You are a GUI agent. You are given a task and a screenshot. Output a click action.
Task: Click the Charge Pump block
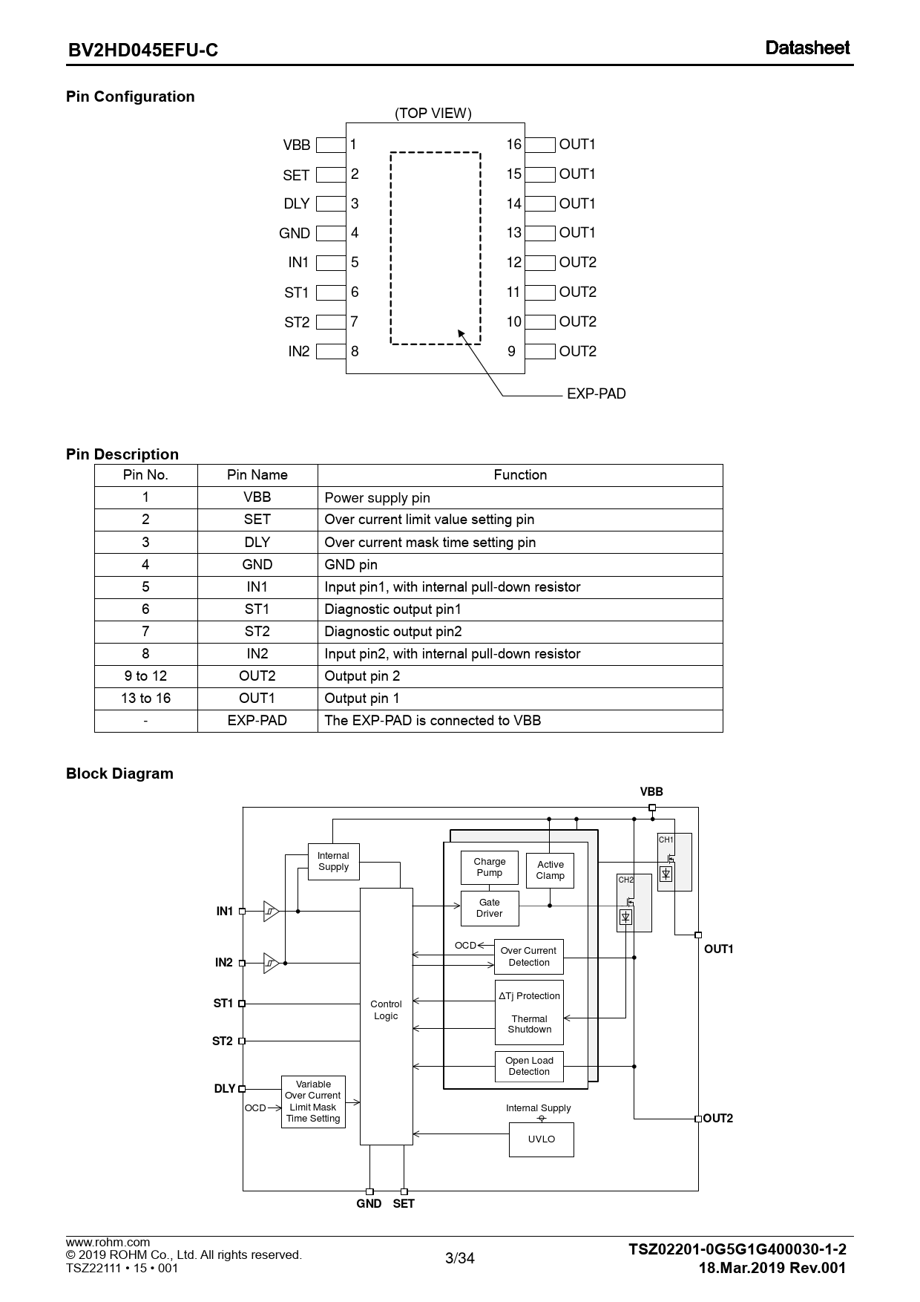(x=490, y=867)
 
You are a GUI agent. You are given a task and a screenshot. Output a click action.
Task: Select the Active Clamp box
(x=550, y=870)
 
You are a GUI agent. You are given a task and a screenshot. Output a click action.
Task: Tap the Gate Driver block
(x=490, y=908)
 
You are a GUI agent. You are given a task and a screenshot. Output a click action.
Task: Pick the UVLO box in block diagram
(x=541, y=1139)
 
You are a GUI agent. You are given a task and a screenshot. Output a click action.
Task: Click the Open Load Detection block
(x=529, y=1066)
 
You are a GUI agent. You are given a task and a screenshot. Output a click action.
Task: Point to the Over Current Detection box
(x=529, y=956)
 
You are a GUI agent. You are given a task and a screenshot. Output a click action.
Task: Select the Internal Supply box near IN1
(x=333, y=861)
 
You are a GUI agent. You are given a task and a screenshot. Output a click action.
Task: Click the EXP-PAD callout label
(x=596, y=393)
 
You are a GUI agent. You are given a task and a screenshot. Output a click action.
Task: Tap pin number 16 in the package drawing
(x=513, y=144)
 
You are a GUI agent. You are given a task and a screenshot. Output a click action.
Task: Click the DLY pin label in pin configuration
(x=297, y=203)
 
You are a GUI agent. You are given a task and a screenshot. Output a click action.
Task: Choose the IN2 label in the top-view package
(x=298, y=351)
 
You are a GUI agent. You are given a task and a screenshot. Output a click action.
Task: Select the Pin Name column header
(x=257, y=475)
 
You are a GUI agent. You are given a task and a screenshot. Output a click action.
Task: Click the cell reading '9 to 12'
(x=145, y=676)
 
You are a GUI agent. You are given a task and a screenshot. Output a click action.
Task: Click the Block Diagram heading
(x=119, y=773)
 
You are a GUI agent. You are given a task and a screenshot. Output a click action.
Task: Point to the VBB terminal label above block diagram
(x=651, y=792)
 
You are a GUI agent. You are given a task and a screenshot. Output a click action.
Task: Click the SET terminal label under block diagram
(x=404, y=1203)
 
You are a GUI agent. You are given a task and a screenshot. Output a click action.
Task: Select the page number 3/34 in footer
(x=459, y=1257)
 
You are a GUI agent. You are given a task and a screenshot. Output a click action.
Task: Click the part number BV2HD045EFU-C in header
(x=143, y=50)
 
